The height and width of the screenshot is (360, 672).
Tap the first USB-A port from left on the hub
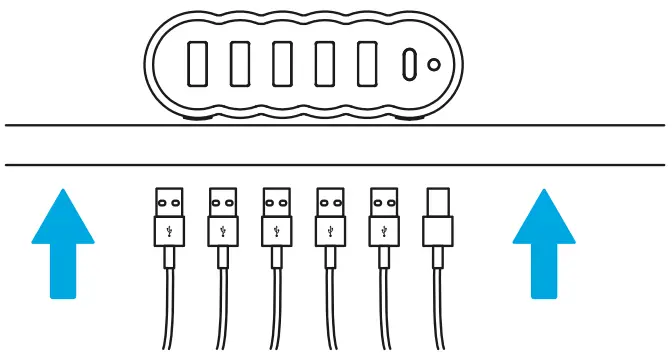tap(197, 65)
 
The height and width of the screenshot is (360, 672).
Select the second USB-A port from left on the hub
tap(240, 65)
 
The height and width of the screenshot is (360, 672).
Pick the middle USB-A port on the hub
tap(283, 65)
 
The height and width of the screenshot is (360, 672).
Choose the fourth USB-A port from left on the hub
tap(326, 65)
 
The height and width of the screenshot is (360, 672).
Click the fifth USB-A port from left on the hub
tap(369, 65)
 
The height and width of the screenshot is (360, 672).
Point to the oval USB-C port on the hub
tap(410, 65)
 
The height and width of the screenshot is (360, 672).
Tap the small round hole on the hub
tap(434, 65)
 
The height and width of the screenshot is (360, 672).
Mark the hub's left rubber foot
tap(196, 118)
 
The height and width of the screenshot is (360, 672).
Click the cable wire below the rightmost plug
tap(438, 310)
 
